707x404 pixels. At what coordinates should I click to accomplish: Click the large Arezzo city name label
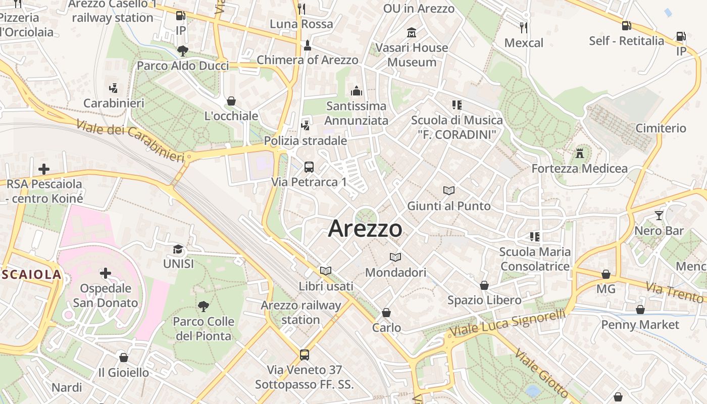[x=365, y=229]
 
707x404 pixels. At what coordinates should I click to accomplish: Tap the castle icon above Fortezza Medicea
[x=579, y=153]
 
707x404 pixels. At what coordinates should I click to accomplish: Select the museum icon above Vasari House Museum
[x=412, y=33]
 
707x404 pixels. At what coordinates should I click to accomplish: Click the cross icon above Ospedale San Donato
[x=105, y=273]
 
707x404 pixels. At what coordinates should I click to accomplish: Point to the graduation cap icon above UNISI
[x=178, y=249]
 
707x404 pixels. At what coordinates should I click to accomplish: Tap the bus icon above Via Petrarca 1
[x=309, y=167]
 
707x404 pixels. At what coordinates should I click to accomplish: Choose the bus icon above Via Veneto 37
[x=304, y=355]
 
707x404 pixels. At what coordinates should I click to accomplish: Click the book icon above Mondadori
[x=395, y=257]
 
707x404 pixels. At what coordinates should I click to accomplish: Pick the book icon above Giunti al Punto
[x=449, y=190]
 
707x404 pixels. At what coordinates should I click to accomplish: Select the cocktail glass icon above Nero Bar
[x=659, y=216]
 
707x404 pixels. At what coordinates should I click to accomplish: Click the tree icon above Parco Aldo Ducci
[x=182, y=50]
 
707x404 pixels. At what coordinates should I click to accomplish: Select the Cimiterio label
[x=661, y=128]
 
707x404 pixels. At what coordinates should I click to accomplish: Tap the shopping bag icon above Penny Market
[x=640, y=309]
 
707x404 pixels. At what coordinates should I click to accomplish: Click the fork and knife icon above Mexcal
[x=524, y=27]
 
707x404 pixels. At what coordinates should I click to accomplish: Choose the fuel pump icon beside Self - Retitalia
[x=626, y=25]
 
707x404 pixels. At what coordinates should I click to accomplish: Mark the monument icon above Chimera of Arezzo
[x=307, y=45]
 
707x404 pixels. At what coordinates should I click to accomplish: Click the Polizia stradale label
[x=306, y=140]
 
